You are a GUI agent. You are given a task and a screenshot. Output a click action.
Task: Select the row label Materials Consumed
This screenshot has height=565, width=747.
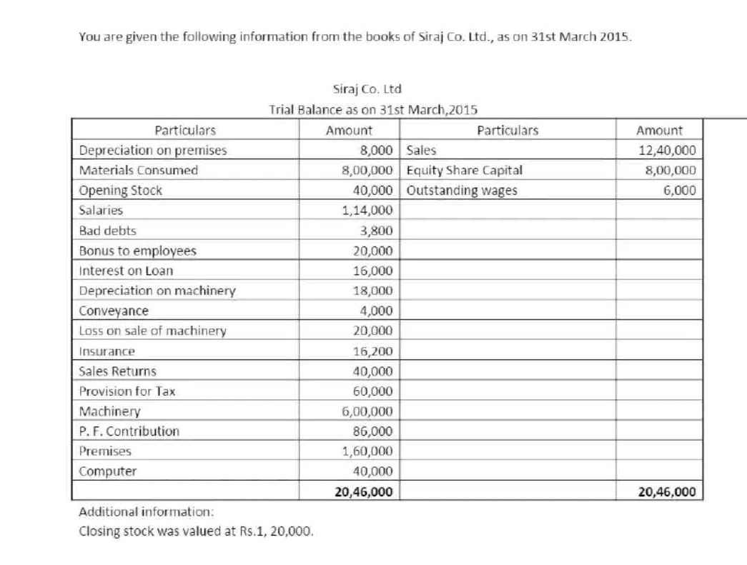tap(139, 171)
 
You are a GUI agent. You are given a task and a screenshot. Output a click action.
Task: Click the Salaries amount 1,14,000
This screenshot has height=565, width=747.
tap(367, 211)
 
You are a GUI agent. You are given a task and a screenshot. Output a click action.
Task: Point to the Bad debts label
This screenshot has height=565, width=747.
tap(107, 231)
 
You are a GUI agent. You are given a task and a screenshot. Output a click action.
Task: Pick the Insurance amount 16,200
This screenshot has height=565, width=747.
tap(372, 351)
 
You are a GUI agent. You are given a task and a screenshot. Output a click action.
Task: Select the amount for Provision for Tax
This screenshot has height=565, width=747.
tap(372, 391)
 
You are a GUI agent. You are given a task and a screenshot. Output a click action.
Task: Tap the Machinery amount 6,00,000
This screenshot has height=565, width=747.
tap(367, 411)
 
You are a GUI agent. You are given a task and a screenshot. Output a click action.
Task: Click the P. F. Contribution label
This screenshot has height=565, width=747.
tap(129, 431)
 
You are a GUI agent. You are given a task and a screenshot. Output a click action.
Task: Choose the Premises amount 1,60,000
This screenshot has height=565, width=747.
tap(367, 451)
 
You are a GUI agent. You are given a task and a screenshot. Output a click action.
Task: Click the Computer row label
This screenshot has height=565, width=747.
tap(107, 471)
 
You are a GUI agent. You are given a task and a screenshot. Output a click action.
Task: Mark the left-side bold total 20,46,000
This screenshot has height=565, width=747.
tap(363, 492)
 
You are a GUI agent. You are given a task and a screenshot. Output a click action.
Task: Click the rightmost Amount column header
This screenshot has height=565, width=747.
tap(659, 131)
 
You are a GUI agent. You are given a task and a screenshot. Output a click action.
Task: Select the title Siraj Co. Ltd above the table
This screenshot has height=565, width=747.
tap(367, 89)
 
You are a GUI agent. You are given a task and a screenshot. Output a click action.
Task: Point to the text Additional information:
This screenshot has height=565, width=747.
tap(146, 512)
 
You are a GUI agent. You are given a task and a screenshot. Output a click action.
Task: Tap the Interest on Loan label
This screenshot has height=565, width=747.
tap(126, 271)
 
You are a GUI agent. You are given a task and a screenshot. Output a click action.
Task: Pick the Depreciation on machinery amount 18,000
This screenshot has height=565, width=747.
tap(372, 291)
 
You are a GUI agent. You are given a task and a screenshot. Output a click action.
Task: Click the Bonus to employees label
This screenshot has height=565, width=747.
tap(137, 251)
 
